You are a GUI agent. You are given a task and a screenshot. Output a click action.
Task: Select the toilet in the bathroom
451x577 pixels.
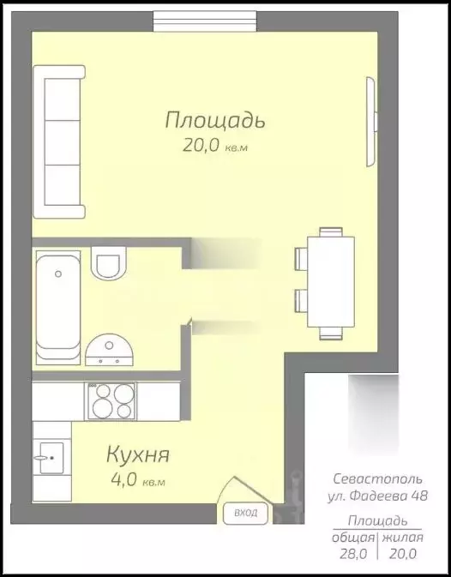[x=110, y=262]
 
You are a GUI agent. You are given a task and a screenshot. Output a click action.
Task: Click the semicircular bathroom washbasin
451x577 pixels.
[x=110, y=346]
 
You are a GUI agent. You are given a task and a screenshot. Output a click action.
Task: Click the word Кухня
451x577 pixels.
[x=137, y=454]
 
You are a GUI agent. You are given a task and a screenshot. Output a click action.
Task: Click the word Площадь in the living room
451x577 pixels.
[x=215, y=120]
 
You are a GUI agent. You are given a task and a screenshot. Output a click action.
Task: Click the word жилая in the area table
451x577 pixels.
[x=402, y=538]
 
